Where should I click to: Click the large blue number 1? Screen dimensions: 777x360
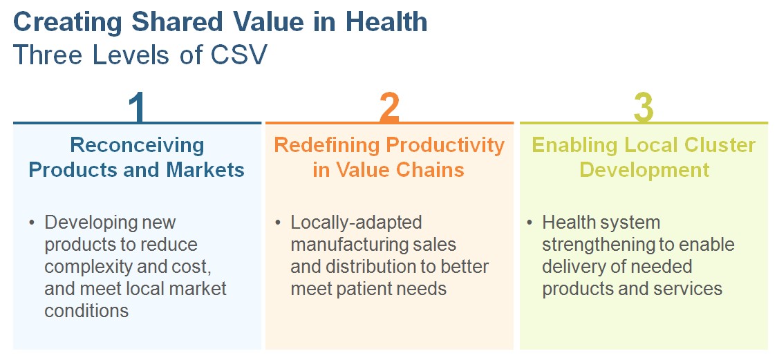coord(137,108)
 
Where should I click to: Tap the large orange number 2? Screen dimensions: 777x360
coord(389,108)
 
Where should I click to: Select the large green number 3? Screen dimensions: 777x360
coord(643,108)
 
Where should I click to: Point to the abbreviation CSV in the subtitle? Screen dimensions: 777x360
coord(239,55)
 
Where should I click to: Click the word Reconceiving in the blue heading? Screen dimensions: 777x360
coord(138,146)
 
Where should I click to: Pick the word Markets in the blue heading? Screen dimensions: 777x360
coord(205,170)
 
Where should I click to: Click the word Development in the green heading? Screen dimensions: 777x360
coord(644,170)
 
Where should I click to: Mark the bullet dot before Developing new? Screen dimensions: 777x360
coord(32,222)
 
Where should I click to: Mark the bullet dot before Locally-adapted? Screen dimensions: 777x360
coord(278,222)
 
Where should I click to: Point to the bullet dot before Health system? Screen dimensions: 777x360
coord(530,222)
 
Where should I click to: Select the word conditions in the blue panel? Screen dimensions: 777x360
coord(86,310)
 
